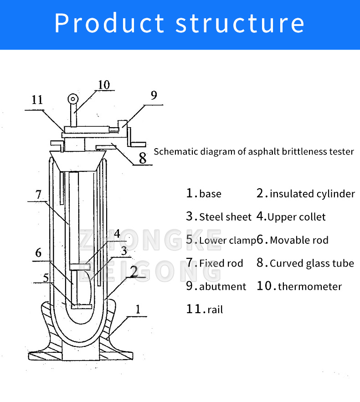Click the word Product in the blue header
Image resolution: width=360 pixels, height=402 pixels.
coord(109,23)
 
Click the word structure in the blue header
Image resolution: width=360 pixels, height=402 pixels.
coord(240,23)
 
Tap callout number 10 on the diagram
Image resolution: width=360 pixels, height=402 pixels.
coord(103,85)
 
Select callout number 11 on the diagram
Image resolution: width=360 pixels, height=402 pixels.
coord(37,100)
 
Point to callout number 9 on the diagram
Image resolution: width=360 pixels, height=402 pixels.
coord(154,95)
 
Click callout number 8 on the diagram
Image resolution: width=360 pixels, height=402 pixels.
coord(143,158)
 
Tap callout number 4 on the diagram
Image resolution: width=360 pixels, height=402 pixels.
coord(117,234)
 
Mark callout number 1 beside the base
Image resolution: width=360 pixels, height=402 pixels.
coord(138,310)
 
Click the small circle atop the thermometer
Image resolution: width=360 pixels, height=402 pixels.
coord(72,99)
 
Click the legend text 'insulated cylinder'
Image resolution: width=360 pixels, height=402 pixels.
coord(312,194)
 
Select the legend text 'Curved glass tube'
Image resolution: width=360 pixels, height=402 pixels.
coord(312,263)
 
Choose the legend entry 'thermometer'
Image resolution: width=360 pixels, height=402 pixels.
coord(309,287)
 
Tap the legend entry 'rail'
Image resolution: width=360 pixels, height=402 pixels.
coord(215,310)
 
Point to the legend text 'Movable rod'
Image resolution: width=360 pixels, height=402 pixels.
coord(299,240)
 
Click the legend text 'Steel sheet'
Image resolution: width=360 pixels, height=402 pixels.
coord(225,217)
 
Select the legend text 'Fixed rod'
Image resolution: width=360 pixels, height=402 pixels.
coord(221,263)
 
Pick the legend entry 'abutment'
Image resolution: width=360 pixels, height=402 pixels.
coord(222,287)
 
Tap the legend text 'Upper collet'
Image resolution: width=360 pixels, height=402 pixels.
coord(296,217)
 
